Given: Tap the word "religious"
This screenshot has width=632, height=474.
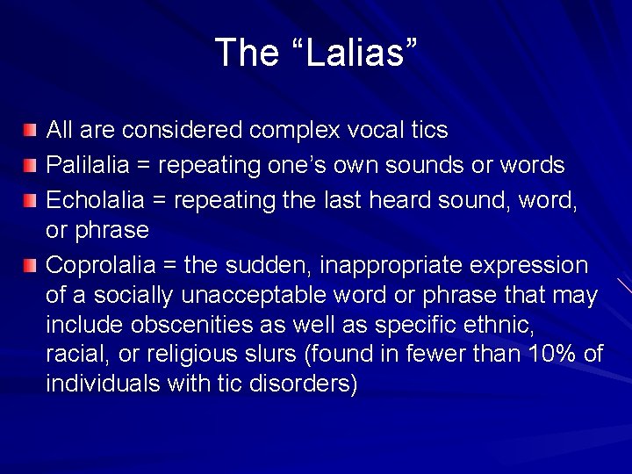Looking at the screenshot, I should click(170, 354).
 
